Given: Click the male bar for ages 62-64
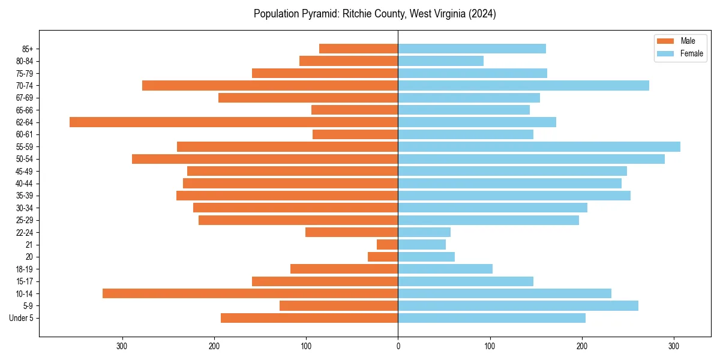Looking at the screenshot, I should tap(234, 122).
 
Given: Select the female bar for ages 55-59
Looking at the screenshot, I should tap(539, 147).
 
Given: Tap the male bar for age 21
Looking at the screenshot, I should tap(387, 245).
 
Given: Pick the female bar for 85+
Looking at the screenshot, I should tap(472, 49).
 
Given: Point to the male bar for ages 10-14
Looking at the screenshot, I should tap(250, 293).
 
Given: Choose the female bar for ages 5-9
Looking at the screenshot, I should tap(518, 306).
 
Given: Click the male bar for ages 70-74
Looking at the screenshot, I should tap(270, 86).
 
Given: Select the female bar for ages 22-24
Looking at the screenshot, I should tap(424, 232).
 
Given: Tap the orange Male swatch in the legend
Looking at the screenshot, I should tap(666, 41).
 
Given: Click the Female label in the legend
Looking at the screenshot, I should tap(692, 53).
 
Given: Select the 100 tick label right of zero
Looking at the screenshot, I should tap(490, 346).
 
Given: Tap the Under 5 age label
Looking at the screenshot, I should tap(21, 318).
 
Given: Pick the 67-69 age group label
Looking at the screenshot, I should tap(24, 98).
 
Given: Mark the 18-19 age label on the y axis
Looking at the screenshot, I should tap(24, 269).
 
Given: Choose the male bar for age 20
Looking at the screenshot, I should tap(389, 257).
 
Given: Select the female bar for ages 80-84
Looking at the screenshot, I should tap(440, 61).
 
